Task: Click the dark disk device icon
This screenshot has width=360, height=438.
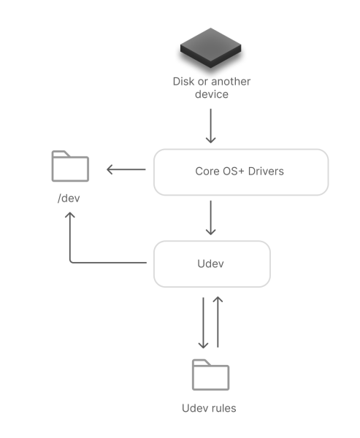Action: [210, 50]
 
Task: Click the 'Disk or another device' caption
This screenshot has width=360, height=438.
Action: [210, 87]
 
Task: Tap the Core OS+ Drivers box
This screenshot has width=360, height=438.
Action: [240, 172]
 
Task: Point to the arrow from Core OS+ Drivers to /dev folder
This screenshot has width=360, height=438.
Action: [126, 170]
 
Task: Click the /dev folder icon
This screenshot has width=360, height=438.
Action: [70, 166]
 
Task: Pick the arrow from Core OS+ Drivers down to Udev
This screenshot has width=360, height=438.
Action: [210, 217]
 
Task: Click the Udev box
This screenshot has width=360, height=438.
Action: [212, 264]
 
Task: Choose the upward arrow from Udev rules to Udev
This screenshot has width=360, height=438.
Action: [218, 322]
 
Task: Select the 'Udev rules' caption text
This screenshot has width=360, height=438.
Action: [209, 407]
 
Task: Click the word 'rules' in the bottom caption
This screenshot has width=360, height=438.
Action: [222, 407]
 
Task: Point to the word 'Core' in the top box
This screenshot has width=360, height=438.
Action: [207, 172]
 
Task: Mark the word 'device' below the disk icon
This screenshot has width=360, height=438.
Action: [210, 94]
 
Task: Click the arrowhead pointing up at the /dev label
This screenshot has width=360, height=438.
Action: [69, 216]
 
